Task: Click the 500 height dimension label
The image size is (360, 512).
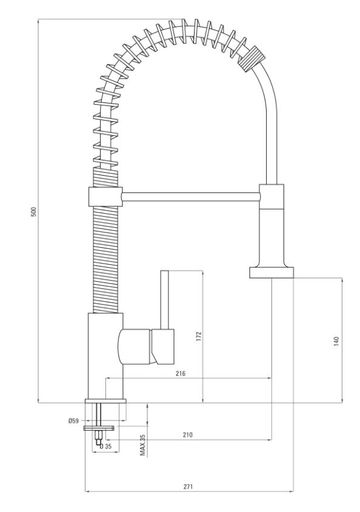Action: pos(34,211)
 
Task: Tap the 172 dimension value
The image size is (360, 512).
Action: pos(199,336)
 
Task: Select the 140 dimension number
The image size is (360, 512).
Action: pos(336,341)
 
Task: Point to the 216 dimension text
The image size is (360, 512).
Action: pos(181,373)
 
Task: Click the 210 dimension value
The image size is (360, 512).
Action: pos(187,434)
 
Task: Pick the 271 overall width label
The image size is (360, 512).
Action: pos(188,486)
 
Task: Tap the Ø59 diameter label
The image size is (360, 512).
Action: pos(73,421)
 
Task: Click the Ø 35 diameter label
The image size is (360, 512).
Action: pos(106,447)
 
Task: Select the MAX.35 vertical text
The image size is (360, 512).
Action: pos(143,445)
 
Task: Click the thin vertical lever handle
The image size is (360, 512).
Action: pos(165,300)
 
